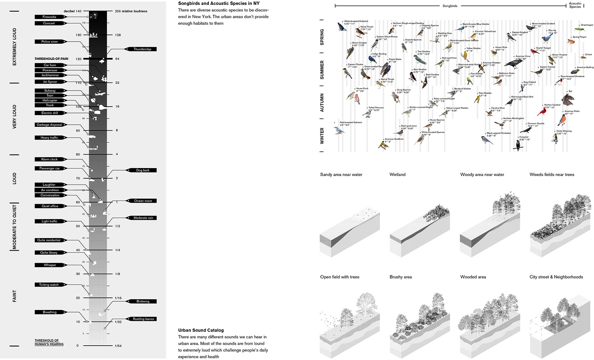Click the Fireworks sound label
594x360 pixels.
(x=50, y=17)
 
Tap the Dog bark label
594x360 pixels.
(x=143, y=170)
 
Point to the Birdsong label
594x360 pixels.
(x=143, y=301)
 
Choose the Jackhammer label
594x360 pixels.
(x=50, y=75)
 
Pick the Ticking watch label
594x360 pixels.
(x=49, y=285)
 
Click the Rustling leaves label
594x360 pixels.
(x=143, y=319)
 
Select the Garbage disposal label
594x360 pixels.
(x=49, y=125)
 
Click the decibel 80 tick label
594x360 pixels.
(x=78, y=154)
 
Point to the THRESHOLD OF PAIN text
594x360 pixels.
(x=51, y=59)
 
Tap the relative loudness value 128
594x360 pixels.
(x=118, y=35)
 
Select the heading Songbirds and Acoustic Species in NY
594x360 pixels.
(x=219, y=3)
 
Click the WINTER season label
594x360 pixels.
(x=322, y=136)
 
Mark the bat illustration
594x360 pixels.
(x=567, y=99)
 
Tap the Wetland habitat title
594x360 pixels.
(x=397, y=174)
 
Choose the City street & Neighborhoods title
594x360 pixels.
(x=556, y=277)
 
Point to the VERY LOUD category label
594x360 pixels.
(x=15, y=117)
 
